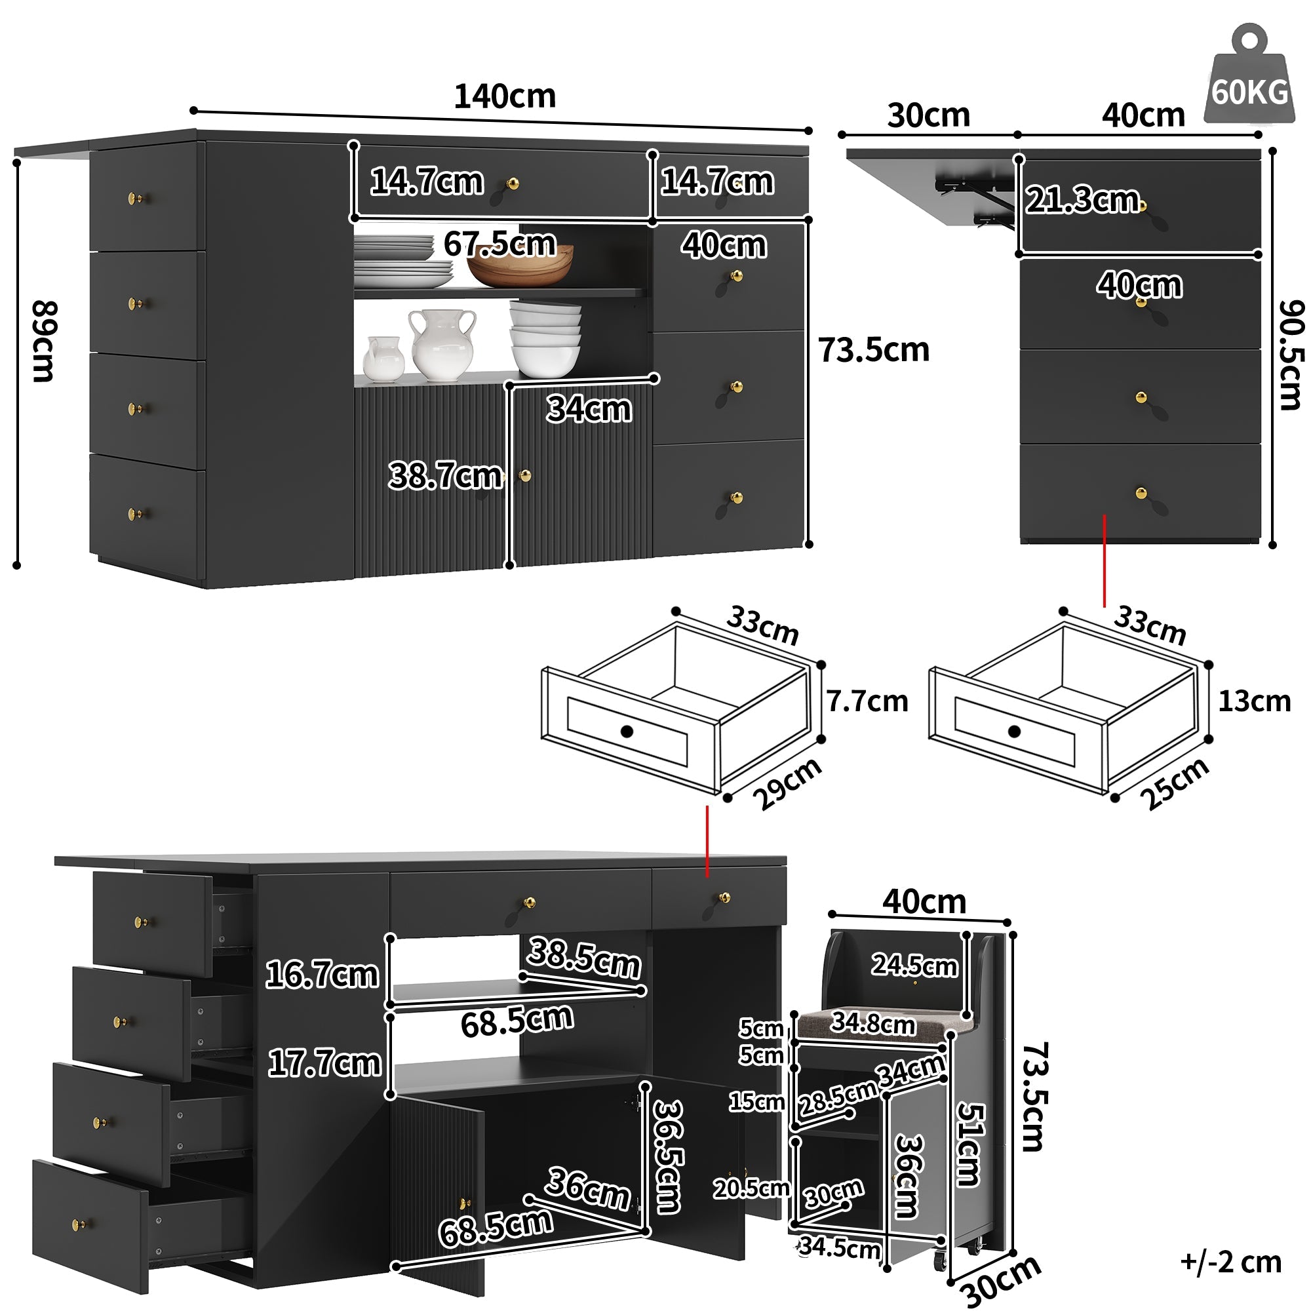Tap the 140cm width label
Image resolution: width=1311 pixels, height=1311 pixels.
504,96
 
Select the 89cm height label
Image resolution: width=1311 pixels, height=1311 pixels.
44,342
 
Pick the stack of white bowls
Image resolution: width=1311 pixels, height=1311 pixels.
545,340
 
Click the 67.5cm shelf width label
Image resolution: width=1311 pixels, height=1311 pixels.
499,243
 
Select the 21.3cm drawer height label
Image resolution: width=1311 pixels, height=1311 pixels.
1082,199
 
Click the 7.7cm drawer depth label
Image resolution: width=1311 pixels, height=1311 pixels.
867,701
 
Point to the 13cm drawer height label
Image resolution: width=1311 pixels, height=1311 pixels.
1254,701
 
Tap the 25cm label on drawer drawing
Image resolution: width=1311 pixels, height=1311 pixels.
1176,783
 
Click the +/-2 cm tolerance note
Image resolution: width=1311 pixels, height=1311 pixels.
1231,1261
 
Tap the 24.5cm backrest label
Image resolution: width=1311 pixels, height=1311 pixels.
914,964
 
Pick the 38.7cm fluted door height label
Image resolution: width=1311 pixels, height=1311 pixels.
444,475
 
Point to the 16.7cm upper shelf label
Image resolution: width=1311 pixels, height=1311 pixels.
322,975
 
